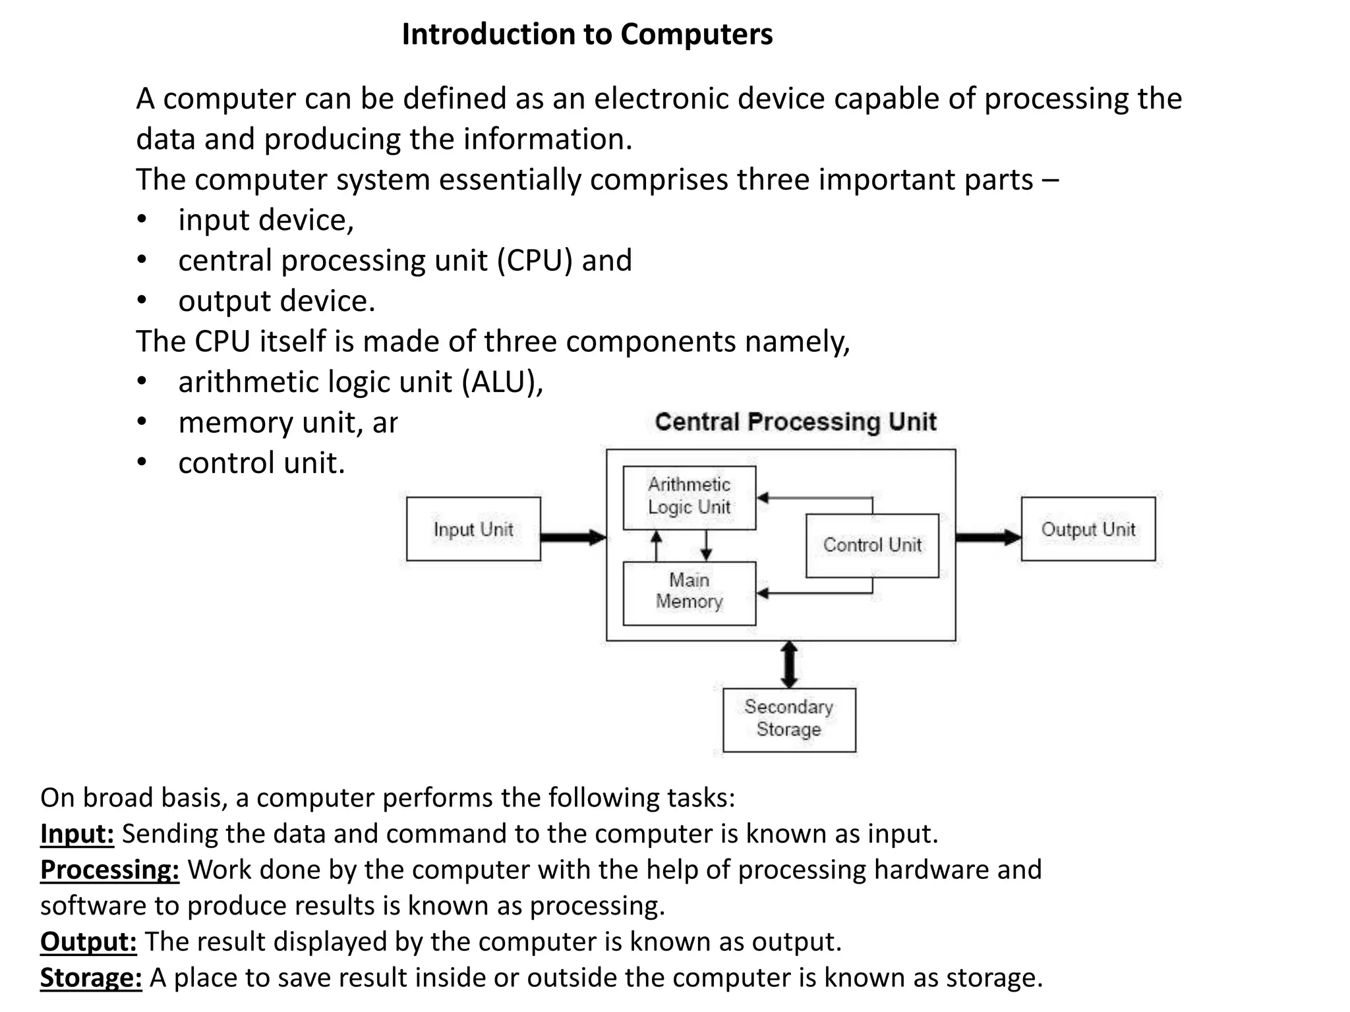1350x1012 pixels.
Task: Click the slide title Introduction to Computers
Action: coord(587,34)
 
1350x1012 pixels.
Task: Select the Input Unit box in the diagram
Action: coord(473,529)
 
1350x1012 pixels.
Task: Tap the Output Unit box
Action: coord(1088,529)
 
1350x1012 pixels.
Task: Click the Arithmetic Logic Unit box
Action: coord(689,497)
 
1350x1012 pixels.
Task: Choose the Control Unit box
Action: coord(872,546)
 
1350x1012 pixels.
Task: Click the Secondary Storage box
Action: coord(789,719)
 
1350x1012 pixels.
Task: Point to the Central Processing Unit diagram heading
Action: coord(795,422)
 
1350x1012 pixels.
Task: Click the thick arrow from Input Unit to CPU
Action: coord(572,538)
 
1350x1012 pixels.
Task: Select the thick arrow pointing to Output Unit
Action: coord(987,538)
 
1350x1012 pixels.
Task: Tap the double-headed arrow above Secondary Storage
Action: coord(789,664)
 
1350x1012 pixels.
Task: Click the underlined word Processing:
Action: coord(109,870)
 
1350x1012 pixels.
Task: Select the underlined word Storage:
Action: coord(91,978)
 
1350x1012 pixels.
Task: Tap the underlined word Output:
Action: coord(88,942)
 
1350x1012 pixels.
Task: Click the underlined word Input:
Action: coord(77,834)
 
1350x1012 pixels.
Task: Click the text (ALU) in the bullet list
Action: coord(501,382)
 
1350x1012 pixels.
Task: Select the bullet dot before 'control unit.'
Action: coord(142,463)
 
